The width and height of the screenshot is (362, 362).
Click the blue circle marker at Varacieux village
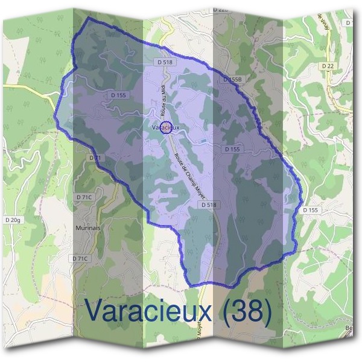[167, 127]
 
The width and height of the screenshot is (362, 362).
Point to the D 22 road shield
[328, 65]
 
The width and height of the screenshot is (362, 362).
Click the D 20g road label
[12, 221]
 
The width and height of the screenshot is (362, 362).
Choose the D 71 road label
[95, 157]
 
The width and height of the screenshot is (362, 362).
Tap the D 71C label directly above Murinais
[84, 197]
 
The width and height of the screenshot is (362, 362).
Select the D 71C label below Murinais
[80, 258]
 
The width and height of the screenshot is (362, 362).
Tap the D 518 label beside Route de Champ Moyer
[208, 205]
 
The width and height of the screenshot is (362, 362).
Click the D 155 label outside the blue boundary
[310, 210]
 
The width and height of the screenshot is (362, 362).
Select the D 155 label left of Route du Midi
[118, 95]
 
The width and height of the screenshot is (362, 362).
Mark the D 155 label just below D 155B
[232, 148]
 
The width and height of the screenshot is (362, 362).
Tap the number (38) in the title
[245, 310]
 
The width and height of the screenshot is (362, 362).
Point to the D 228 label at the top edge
[221, 10]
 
